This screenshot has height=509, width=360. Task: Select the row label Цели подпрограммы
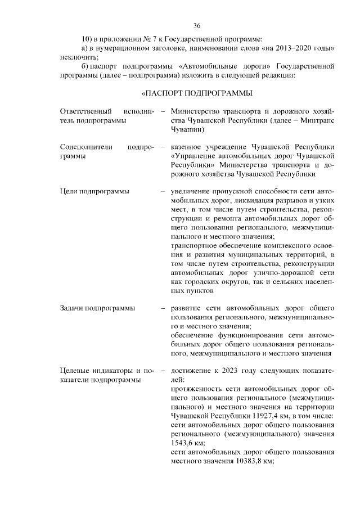[x=94, y=191]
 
